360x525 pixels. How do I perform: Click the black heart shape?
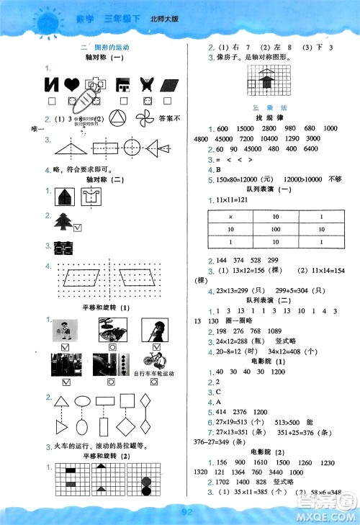(x=71, y=84)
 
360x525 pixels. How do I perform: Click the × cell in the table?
(x=230, y=216)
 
